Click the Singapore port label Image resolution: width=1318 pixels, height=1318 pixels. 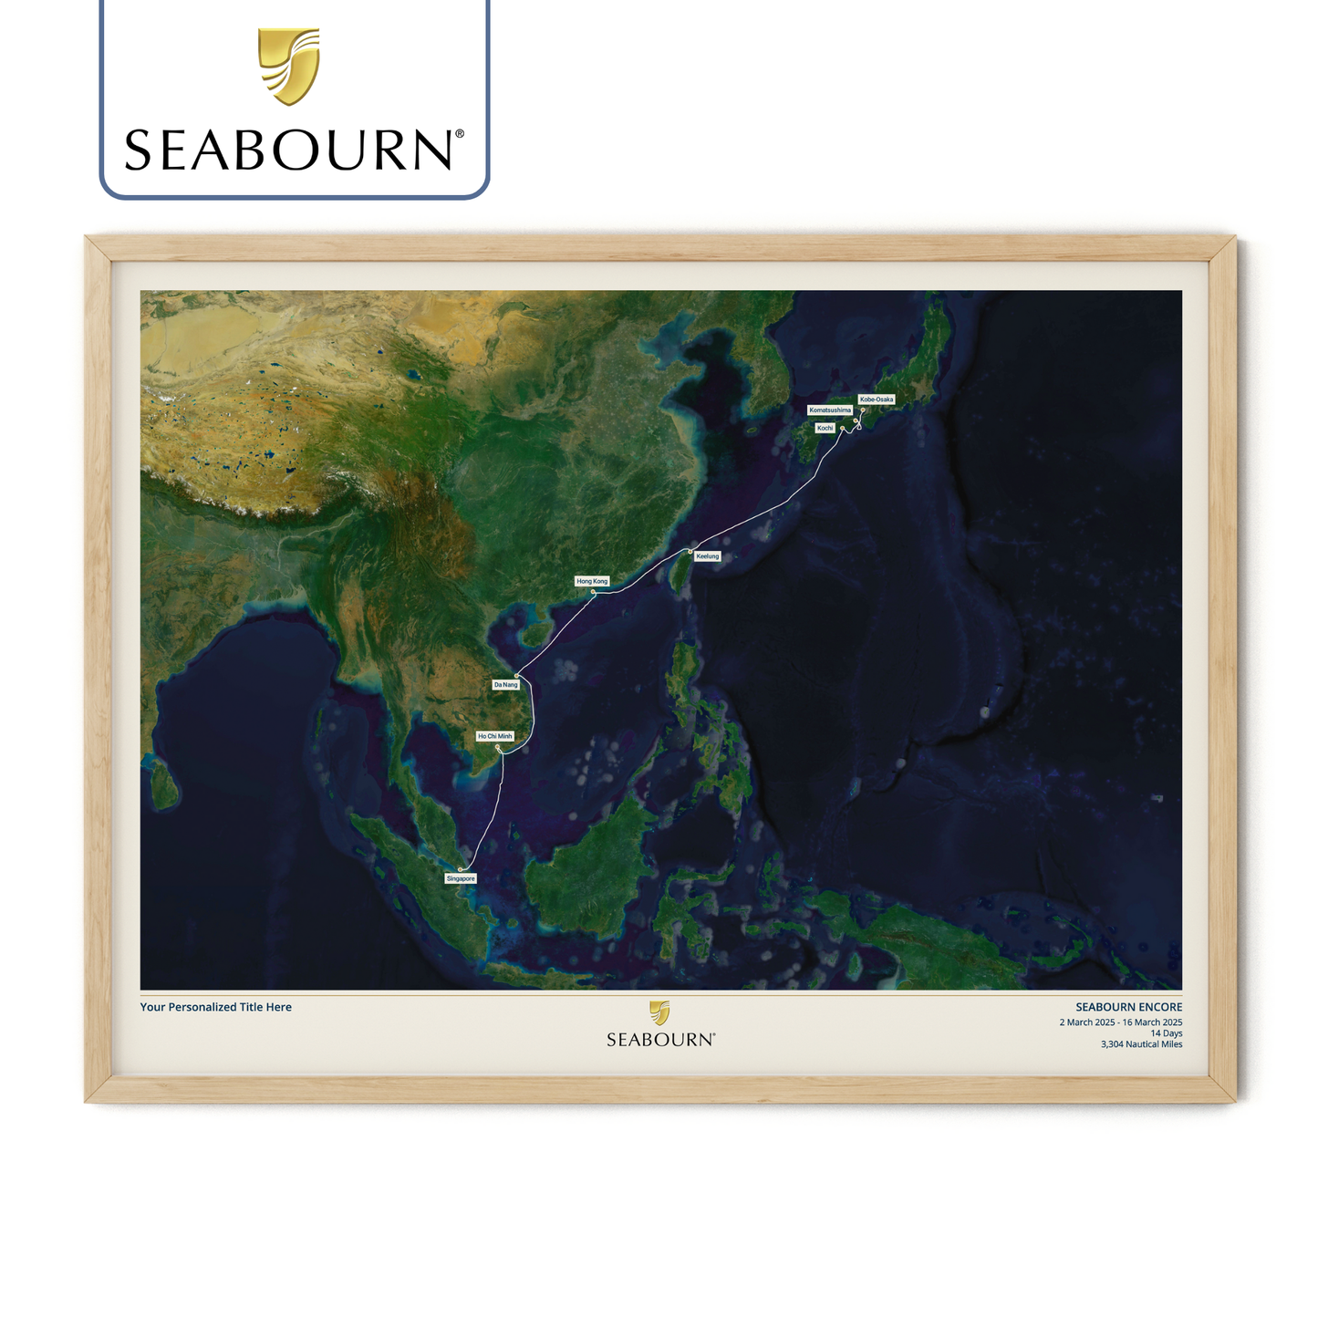tap(461, 878)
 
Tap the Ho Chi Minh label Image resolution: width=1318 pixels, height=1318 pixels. tap(495, 736)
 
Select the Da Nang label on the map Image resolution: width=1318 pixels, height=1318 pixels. tap(505, 685)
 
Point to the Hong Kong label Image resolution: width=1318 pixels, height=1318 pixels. tap(592, 581)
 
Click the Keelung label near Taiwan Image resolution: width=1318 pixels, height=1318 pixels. tap(708, 555)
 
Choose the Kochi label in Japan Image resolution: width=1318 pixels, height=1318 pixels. tap(825, 428)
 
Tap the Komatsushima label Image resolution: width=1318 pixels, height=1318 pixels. tap(830, 410)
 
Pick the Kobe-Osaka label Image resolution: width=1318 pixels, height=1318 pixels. tap(877, 400)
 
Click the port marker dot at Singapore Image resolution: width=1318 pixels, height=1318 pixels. tap(461, 869)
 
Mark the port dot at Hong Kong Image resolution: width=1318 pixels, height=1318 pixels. tap(594, 592)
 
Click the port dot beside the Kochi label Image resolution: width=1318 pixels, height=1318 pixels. tap(842, 428)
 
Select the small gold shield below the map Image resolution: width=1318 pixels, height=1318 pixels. tap(659, 1012)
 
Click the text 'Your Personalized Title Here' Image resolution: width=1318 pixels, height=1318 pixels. tap(216, 1007)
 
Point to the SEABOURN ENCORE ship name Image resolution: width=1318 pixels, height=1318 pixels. tap(1128, 1007)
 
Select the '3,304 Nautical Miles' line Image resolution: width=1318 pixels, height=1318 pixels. tap(1141, 1044)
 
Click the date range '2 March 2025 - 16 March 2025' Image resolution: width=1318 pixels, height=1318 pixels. tap(1120, 1022)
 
